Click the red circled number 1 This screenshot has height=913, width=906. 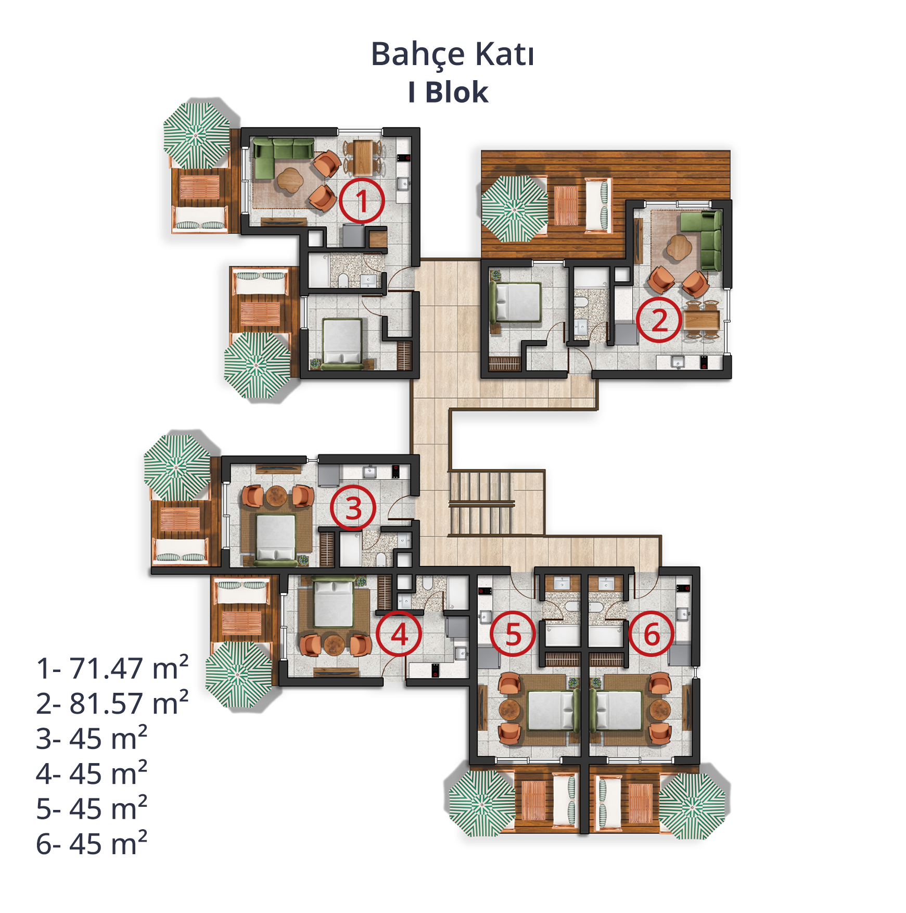362,201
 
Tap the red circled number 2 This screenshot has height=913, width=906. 659,320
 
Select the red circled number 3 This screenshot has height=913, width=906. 353,508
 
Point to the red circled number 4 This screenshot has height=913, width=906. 399,634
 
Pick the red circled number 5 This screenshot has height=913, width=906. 513,634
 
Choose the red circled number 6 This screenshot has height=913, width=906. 651,634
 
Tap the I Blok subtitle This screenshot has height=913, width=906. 448,93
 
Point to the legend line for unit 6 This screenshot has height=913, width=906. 92,843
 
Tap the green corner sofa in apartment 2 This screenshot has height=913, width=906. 703,239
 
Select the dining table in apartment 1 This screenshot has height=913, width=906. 363,157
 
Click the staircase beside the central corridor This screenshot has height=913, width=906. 481,503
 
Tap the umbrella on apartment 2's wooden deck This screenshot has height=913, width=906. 514,209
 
